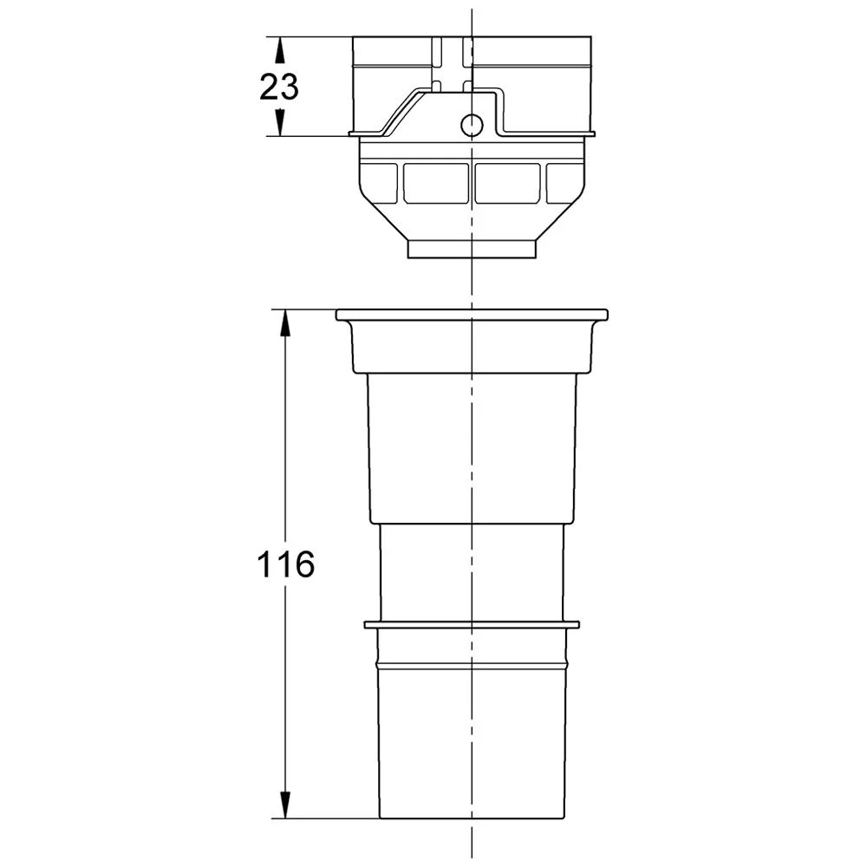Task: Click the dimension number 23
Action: [x=279, y=87]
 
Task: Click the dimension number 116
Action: [x=285, y=565]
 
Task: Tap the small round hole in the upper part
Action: [x=471, y=126]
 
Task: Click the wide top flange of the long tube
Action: [x=472, y=314]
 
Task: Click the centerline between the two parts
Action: [x=471, y=284]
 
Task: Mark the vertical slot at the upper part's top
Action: [x=451, y=61]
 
